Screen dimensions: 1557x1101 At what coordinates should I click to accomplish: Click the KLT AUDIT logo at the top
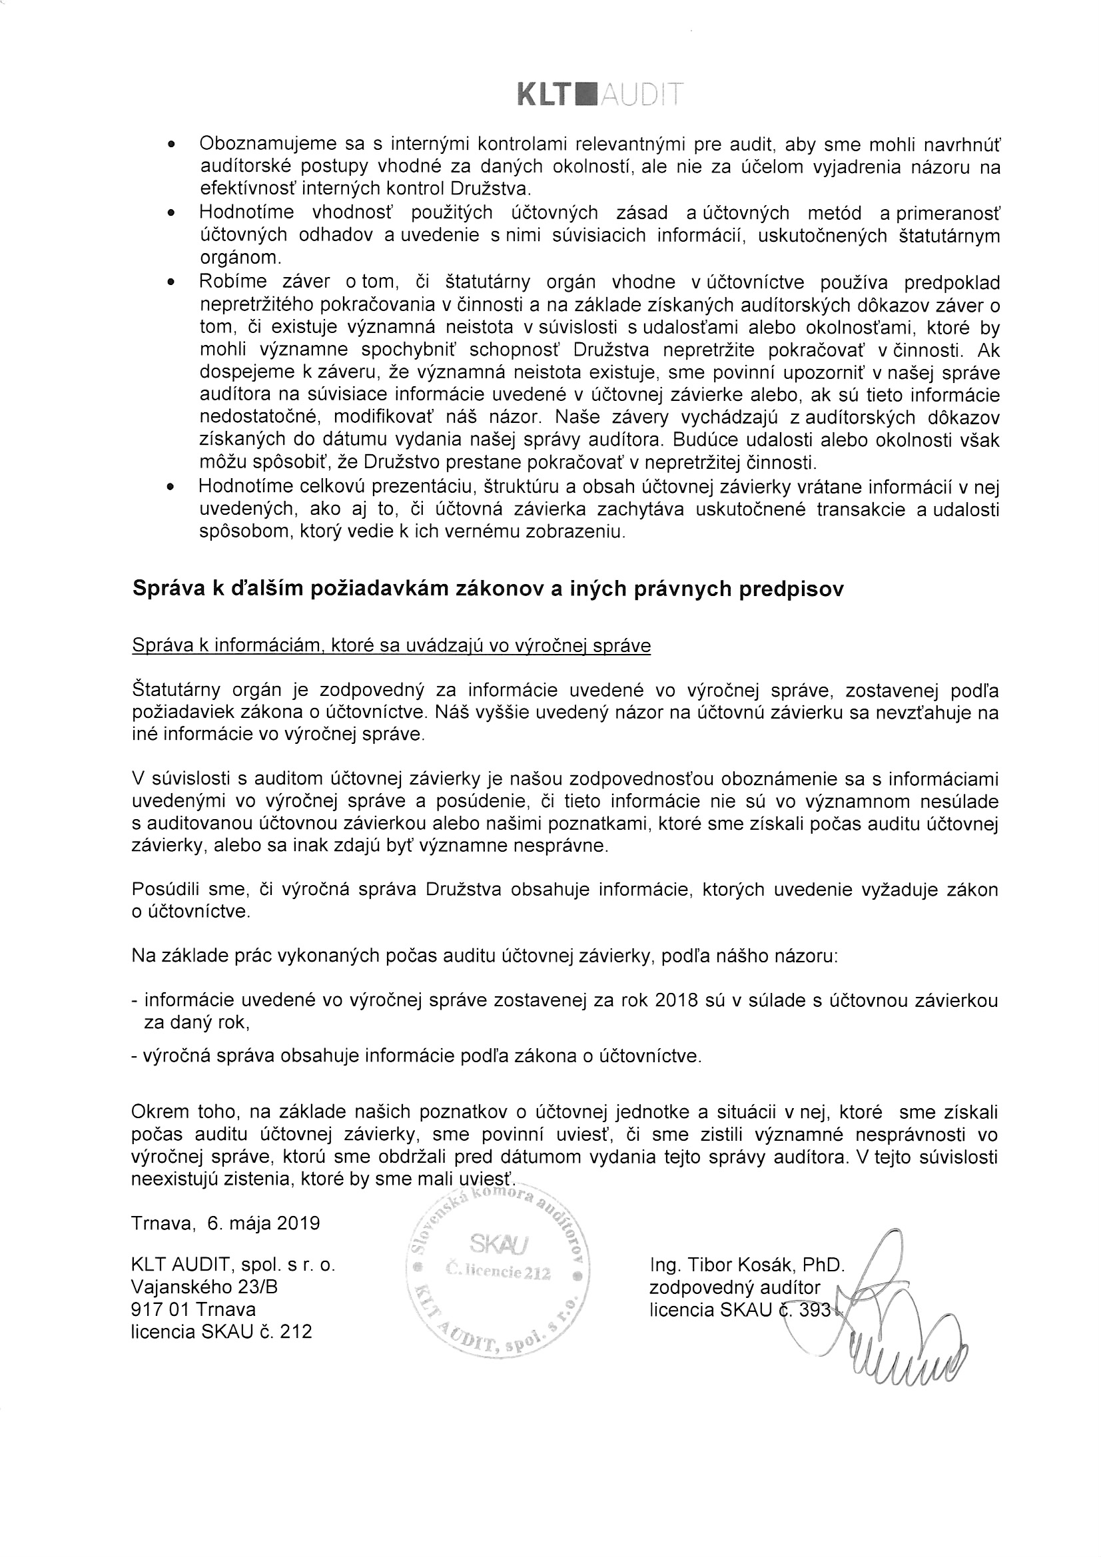599,96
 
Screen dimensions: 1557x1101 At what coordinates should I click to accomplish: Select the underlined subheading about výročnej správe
392,645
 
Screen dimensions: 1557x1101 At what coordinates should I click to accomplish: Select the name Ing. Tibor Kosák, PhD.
746,1265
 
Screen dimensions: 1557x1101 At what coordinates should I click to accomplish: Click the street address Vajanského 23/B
204,1287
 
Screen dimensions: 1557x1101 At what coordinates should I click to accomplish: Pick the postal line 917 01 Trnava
193,1309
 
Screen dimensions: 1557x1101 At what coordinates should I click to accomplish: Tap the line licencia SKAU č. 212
221,1332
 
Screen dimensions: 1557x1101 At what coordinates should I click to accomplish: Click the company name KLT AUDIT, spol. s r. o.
233,1265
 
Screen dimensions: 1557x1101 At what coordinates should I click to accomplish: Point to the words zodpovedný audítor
735,1287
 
